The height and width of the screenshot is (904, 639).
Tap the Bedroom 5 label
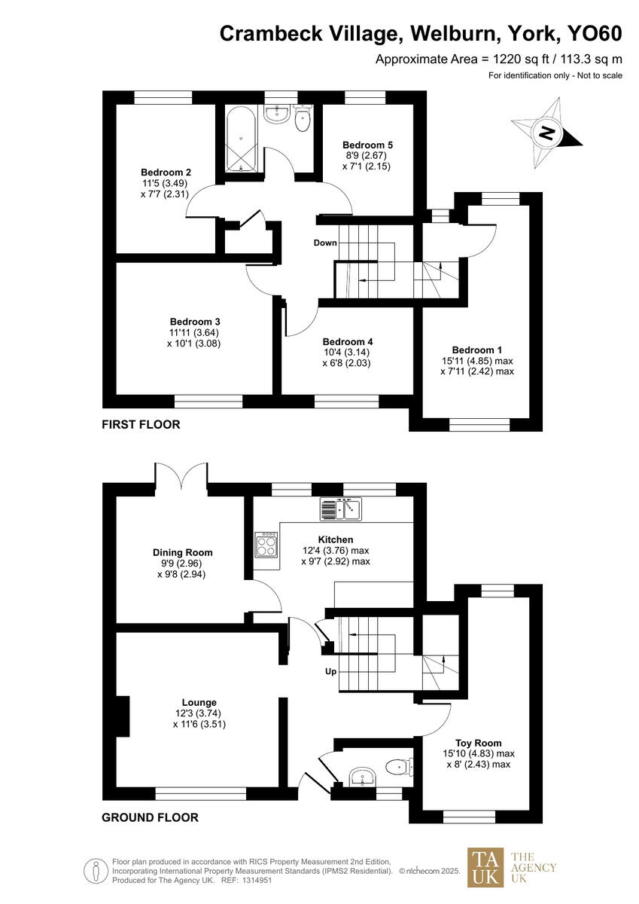(x=367, y=145)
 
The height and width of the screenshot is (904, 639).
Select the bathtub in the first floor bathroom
(x=240, y=139)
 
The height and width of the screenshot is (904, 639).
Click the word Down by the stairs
(x=325, y=243)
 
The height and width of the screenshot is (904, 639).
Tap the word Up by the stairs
(x=330, y=671)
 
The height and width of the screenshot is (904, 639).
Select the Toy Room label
(x=479, y=742)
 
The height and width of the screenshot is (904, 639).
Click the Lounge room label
(x=199, y=702)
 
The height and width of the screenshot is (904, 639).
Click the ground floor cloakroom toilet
(x=397, y=767)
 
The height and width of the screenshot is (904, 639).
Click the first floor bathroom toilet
(x=303, y=121)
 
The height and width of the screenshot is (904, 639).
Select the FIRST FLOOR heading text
(x=141, y=425)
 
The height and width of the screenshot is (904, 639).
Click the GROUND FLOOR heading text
(x=150, y=817)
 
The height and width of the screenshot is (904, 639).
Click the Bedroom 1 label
(x=476, y=350)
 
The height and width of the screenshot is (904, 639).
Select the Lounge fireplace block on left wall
(x=122, y=712)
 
